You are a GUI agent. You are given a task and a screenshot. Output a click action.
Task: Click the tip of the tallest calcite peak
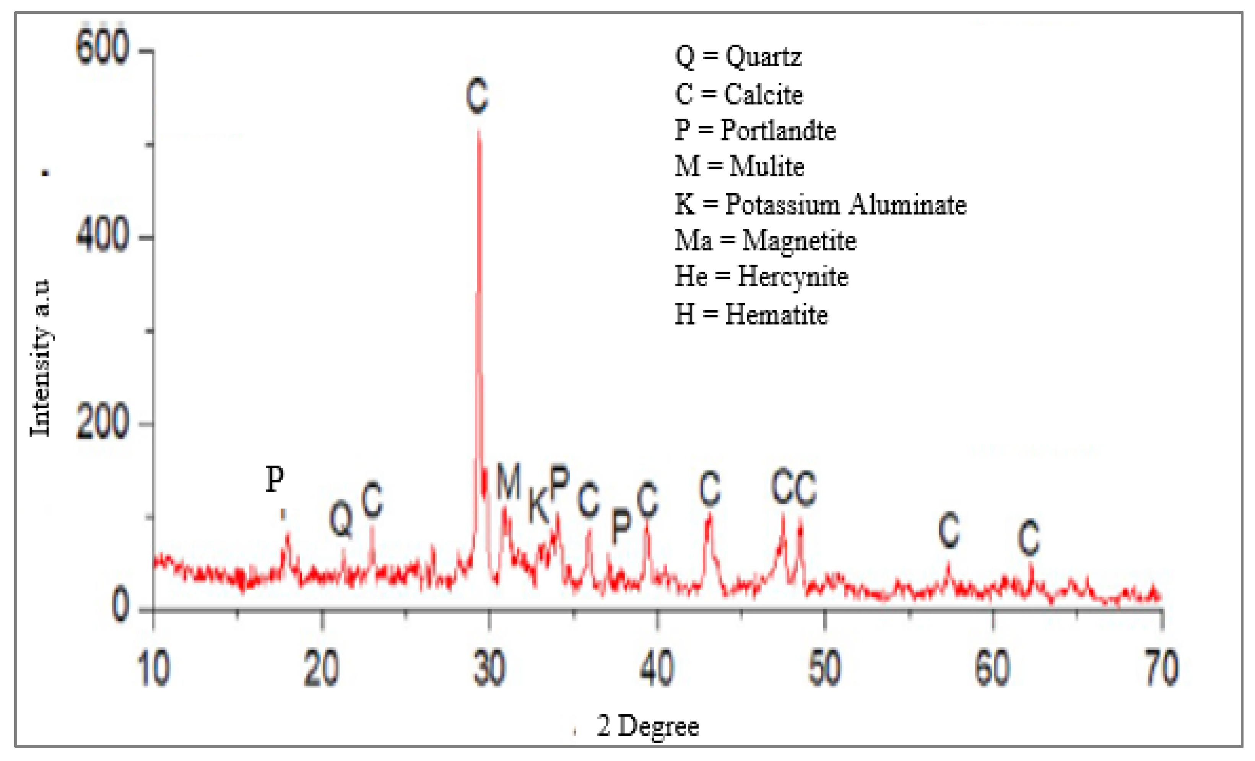[x=479, y=132]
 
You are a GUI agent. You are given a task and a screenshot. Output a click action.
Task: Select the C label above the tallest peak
[x=477, y=96]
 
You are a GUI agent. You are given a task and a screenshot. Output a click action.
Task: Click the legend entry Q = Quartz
[x=738, y=56]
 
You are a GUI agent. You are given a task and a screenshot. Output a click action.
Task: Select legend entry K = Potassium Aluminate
[x=820, y=204]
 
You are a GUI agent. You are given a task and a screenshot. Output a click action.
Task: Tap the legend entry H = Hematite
[x=751, y=315]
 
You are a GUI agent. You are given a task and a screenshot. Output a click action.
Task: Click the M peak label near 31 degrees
[x=509, y=481]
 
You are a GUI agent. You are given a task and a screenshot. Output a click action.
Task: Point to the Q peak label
[x=341, y=519]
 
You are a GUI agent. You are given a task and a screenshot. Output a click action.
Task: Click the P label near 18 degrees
[x=275, y=479]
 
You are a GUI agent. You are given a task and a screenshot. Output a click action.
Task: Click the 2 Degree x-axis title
[x=647, y=726]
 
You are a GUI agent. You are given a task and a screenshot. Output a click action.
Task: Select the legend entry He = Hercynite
[x=761, y=277]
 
